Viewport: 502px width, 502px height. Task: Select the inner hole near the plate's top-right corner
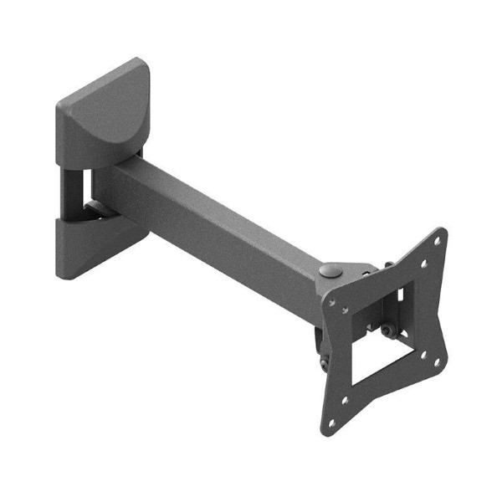pyautogui.click(x=424, y=263)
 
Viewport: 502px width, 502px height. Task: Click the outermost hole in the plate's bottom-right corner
pyautogui.click(x=437, y=361)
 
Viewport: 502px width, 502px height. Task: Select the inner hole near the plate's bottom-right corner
pyautogui.click(x=423, y=353)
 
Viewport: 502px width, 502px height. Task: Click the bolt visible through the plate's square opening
pyautogui.click(x=388, y=331)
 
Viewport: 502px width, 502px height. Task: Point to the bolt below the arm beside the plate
pyautogui.click(x=324, y=362)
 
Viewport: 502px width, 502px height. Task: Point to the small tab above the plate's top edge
pyautogui.click(x=389, y=266)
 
